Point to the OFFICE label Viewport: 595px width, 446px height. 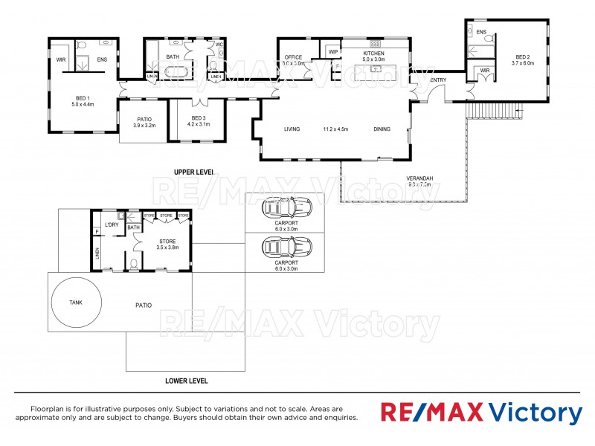coord(292,57)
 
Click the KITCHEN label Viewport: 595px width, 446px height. coord(373,54)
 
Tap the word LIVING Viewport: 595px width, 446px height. coord(292,129)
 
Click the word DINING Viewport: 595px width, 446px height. coord(382,129)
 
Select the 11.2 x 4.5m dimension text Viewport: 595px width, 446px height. coord(336,129)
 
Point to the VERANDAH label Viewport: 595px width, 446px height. coord(421,178)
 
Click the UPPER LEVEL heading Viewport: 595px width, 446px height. coord(193,172)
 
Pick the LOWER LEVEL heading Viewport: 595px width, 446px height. coord(186,381)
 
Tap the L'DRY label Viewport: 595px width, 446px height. coord(112,224)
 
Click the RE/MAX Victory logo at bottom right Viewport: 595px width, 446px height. coord(481,413)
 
